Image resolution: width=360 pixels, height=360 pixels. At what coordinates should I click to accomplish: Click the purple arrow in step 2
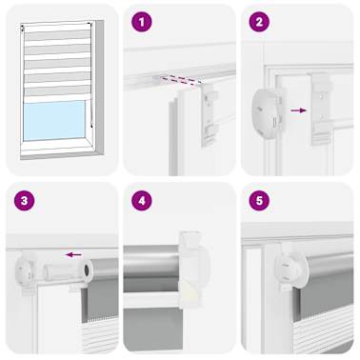(x=298, y=110)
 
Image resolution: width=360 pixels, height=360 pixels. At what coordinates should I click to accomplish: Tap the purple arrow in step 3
(x=72, y=254)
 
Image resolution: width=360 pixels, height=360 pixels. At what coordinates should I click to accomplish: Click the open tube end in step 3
(x=88, y=270)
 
